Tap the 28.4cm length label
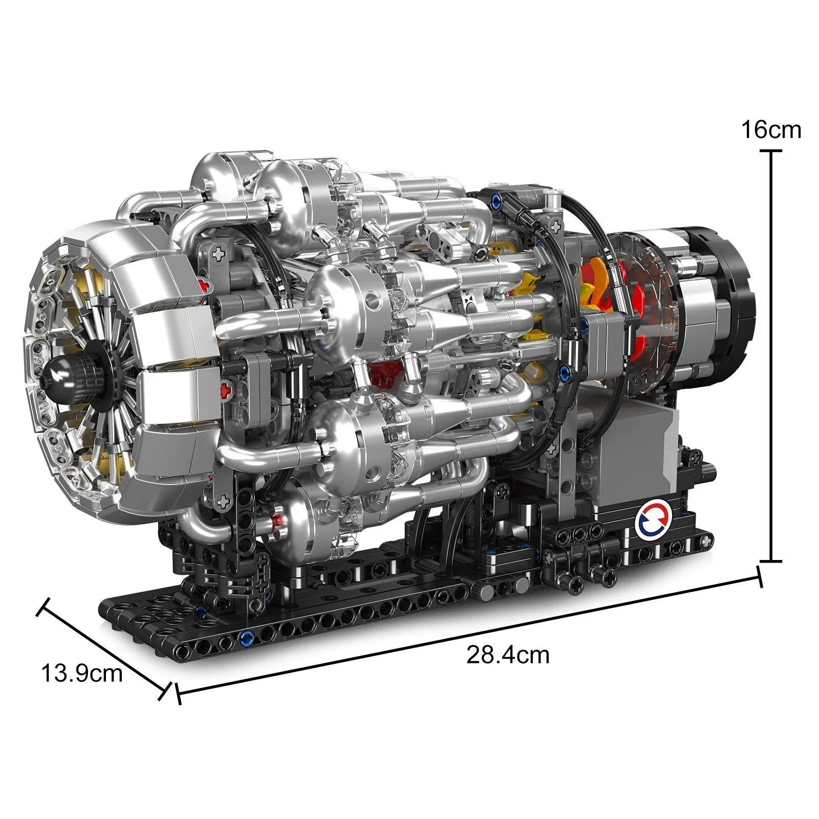[507, 655]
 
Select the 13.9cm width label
[82, 673]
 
